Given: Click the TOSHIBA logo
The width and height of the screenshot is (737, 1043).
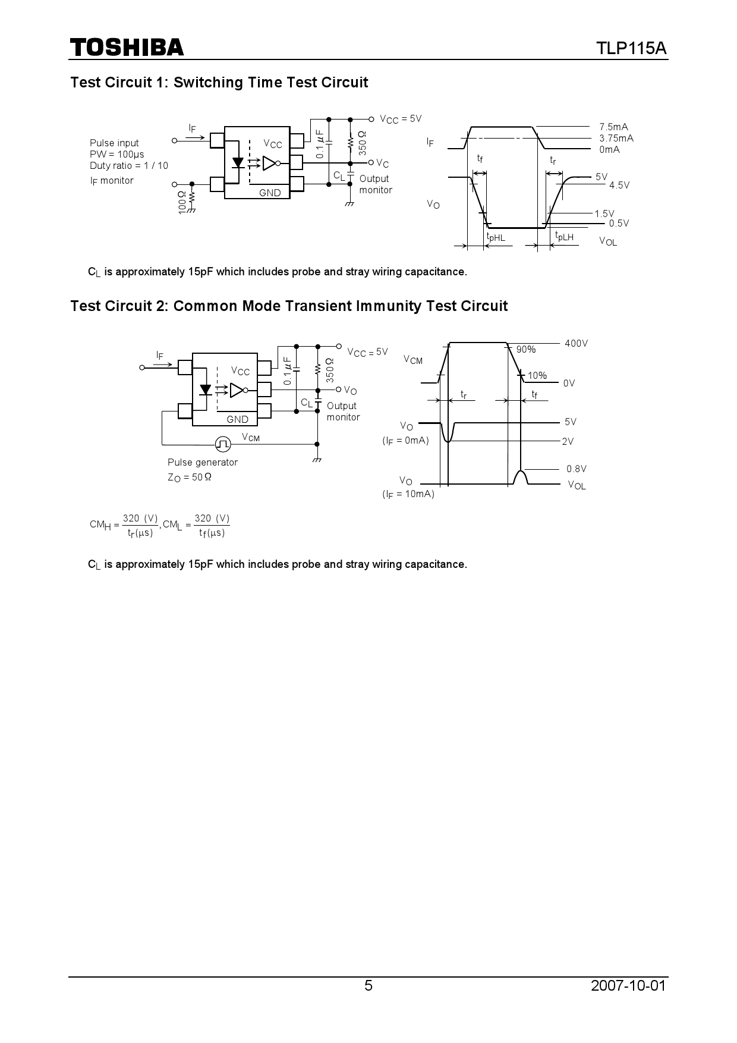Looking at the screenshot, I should tap(127, 48).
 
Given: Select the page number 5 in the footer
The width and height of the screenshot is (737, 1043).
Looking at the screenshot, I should tap(368, 985).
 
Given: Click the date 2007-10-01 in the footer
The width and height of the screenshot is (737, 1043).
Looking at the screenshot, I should tap(629, 985).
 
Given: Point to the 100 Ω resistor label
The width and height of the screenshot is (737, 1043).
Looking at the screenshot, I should tap(182, 202).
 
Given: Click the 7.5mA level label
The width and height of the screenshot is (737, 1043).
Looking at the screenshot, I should tap(613, 127).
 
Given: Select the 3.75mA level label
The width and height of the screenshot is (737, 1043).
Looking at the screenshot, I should tap(616, 138).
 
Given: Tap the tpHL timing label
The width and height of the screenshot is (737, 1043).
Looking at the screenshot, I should tap(496, 237).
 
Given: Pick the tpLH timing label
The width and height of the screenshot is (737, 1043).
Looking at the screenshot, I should tap(564, 237).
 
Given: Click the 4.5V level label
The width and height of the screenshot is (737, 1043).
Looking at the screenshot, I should tap(619, 185).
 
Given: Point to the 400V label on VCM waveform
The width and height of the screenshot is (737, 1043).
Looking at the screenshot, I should tap(576, 343).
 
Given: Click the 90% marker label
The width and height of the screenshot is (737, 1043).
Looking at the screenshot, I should tap(526, 350).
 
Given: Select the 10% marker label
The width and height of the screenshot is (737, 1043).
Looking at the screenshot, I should tap(537, 375).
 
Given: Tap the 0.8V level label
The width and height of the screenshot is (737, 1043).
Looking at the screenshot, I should tap(576, 469).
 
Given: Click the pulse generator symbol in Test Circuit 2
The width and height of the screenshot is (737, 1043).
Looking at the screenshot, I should tap(223, 444).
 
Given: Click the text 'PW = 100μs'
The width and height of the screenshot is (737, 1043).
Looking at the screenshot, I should tap(117, 155).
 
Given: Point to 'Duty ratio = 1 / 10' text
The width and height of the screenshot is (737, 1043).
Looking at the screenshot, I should tap(129, 166).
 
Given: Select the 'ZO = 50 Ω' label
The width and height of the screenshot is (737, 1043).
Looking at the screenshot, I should tap(190, 477).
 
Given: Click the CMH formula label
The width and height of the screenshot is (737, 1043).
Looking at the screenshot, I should tap(124, 525).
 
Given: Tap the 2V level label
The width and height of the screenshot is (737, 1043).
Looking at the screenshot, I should tap(568, 441).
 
